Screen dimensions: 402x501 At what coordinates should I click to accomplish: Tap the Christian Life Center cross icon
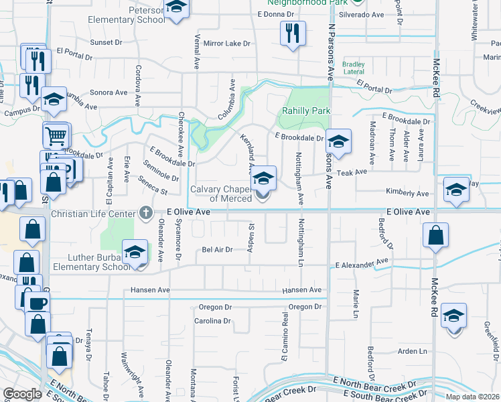[145, 213]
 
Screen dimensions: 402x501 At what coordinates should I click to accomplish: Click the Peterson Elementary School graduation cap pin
[176, 8]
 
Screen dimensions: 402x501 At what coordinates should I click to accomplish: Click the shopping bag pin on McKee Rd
[435, 235]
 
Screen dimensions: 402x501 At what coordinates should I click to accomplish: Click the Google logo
[22, 394]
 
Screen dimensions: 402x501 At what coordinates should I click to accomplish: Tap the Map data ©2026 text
[472, 397]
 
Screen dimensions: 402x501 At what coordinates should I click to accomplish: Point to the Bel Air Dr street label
[216, 249]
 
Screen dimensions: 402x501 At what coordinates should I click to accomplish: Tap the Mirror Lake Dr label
[226, 43]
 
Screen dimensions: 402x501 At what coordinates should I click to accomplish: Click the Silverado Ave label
[361, 14]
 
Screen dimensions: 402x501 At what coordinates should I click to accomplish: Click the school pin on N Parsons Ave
[340, 141]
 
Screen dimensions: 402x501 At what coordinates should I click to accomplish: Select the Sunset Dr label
[106, 42]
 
